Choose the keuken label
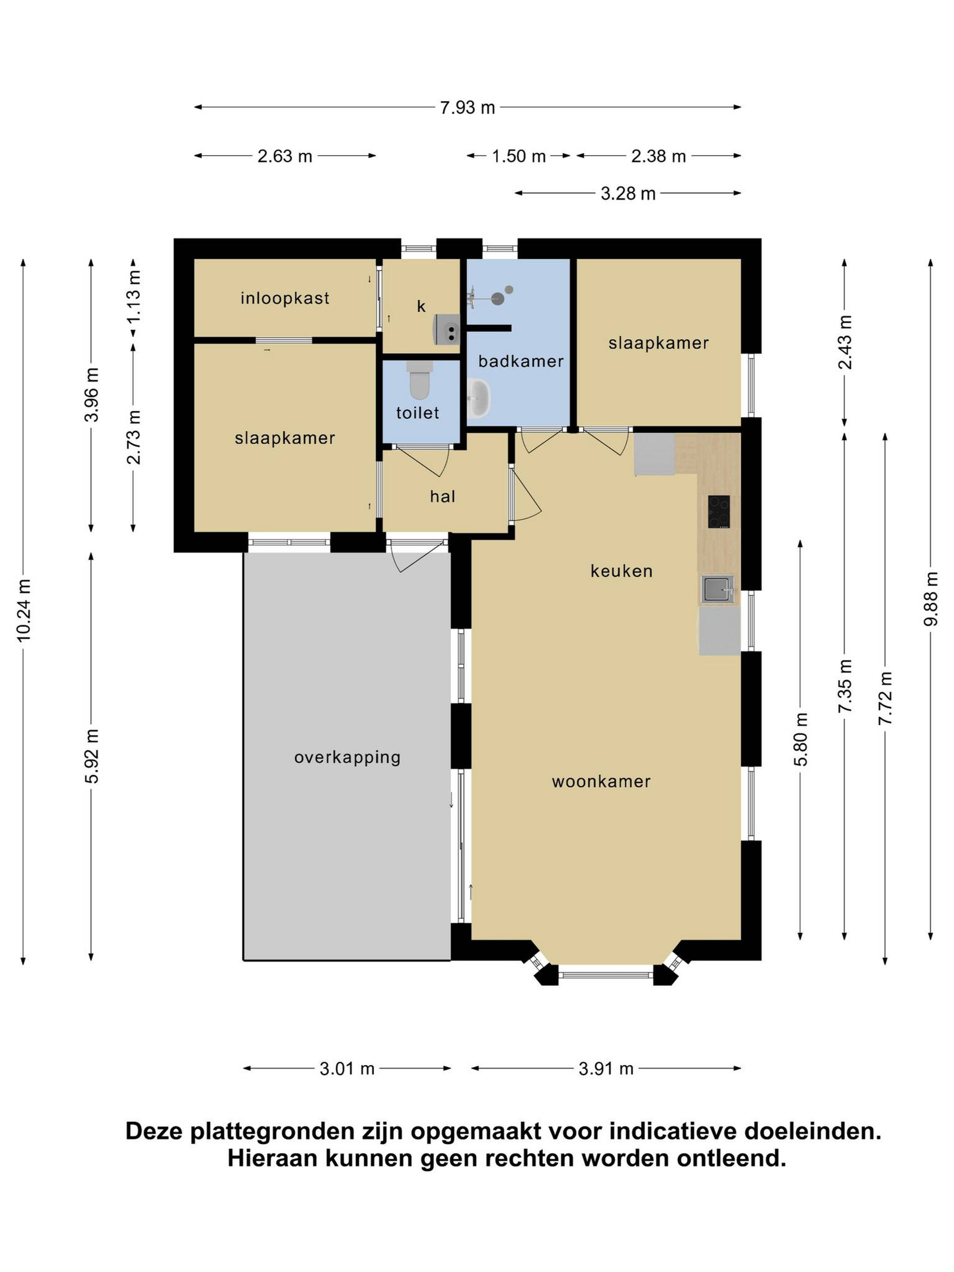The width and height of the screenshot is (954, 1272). pos(622,571)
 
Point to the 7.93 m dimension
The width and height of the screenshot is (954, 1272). pos(468,108)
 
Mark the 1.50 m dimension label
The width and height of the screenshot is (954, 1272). pos(519,156)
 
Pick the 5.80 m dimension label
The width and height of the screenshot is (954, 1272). pos(801,739)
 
